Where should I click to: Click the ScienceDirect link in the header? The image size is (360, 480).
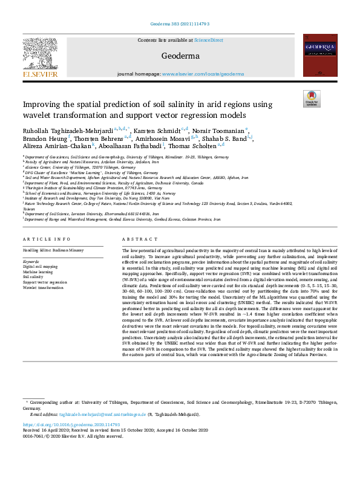coord(208,40)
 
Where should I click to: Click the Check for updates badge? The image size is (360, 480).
coord(311,99)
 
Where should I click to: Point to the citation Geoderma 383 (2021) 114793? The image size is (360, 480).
coord(179,25)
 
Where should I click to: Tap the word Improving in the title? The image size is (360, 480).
coord(44,105)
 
